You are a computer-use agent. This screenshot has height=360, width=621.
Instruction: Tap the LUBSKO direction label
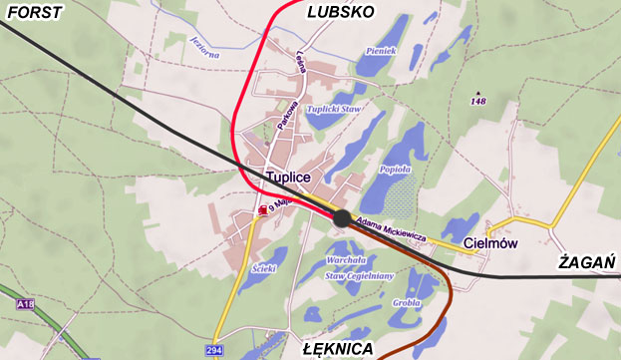point(341,12)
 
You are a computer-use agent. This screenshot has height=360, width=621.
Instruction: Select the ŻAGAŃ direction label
point(585,263)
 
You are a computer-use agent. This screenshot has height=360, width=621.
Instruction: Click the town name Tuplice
point(289,177)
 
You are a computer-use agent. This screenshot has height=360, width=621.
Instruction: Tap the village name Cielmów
point(488,242)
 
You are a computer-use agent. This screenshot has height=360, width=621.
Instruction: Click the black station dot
point(342,218)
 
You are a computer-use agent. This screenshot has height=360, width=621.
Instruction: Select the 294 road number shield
point(214,350)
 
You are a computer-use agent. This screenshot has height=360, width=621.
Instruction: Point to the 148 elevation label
point(479,101)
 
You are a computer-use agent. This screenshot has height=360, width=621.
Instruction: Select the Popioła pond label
point(397,171)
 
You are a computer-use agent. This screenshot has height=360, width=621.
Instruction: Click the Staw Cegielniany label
point(353,275)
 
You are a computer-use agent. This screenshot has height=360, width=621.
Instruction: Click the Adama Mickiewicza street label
point(391,231)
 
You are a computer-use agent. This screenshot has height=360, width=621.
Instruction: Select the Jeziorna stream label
point(203,47)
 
